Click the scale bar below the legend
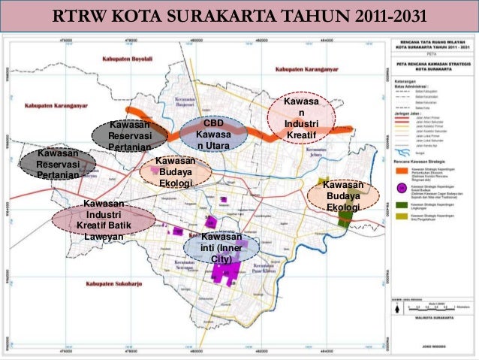pos(426,306)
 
